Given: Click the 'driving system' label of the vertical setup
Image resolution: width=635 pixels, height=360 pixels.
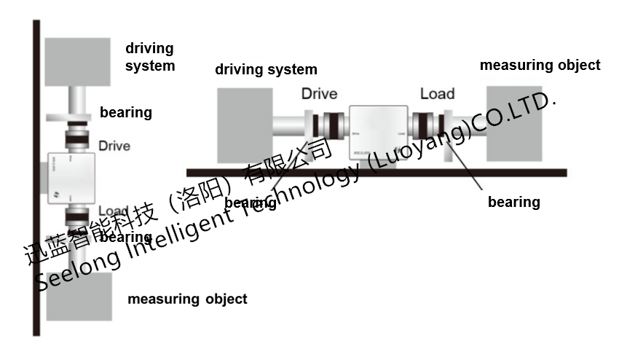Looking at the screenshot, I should [150, 57].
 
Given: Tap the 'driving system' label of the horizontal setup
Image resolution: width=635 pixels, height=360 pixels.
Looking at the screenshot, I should [266, 70].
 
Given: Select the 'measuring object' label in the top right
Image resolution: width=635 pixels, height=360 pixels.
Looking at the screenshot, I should [540, 65].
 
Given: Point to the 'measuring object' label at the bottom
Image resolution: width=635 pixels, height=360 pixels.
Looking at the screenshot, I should [187, 299].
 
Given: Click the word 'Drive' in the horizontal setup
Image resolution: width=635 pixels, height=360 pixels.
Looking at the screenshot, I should [320, 93].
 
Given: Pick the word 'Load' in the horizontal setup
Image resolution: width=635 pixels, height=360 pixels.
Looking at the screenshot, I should [437, 93].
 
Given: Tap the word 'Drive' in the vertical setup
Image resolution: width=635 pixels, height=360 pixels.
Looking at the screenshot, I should [114, 146].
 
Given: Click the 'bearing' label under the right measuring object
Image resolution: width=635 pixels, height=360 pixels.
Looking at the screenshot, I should [513, 202].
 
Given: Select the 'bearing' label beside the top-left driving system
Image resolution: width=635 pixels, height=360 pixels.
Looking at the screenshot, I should [126, 112].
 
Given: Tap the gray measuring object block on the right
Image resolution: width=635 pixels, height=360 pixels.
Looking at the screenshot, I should [514, 124].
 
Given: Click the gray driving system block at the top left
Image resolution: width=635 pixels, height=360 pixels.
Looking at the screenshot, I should [77, 62].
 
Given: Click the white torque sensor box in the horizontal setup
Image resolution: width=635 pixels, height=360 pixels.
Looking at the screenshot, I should [377, 132].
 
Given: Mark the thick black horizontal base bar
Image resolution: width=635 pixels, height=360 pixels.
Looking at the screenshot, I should [376, 173].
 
